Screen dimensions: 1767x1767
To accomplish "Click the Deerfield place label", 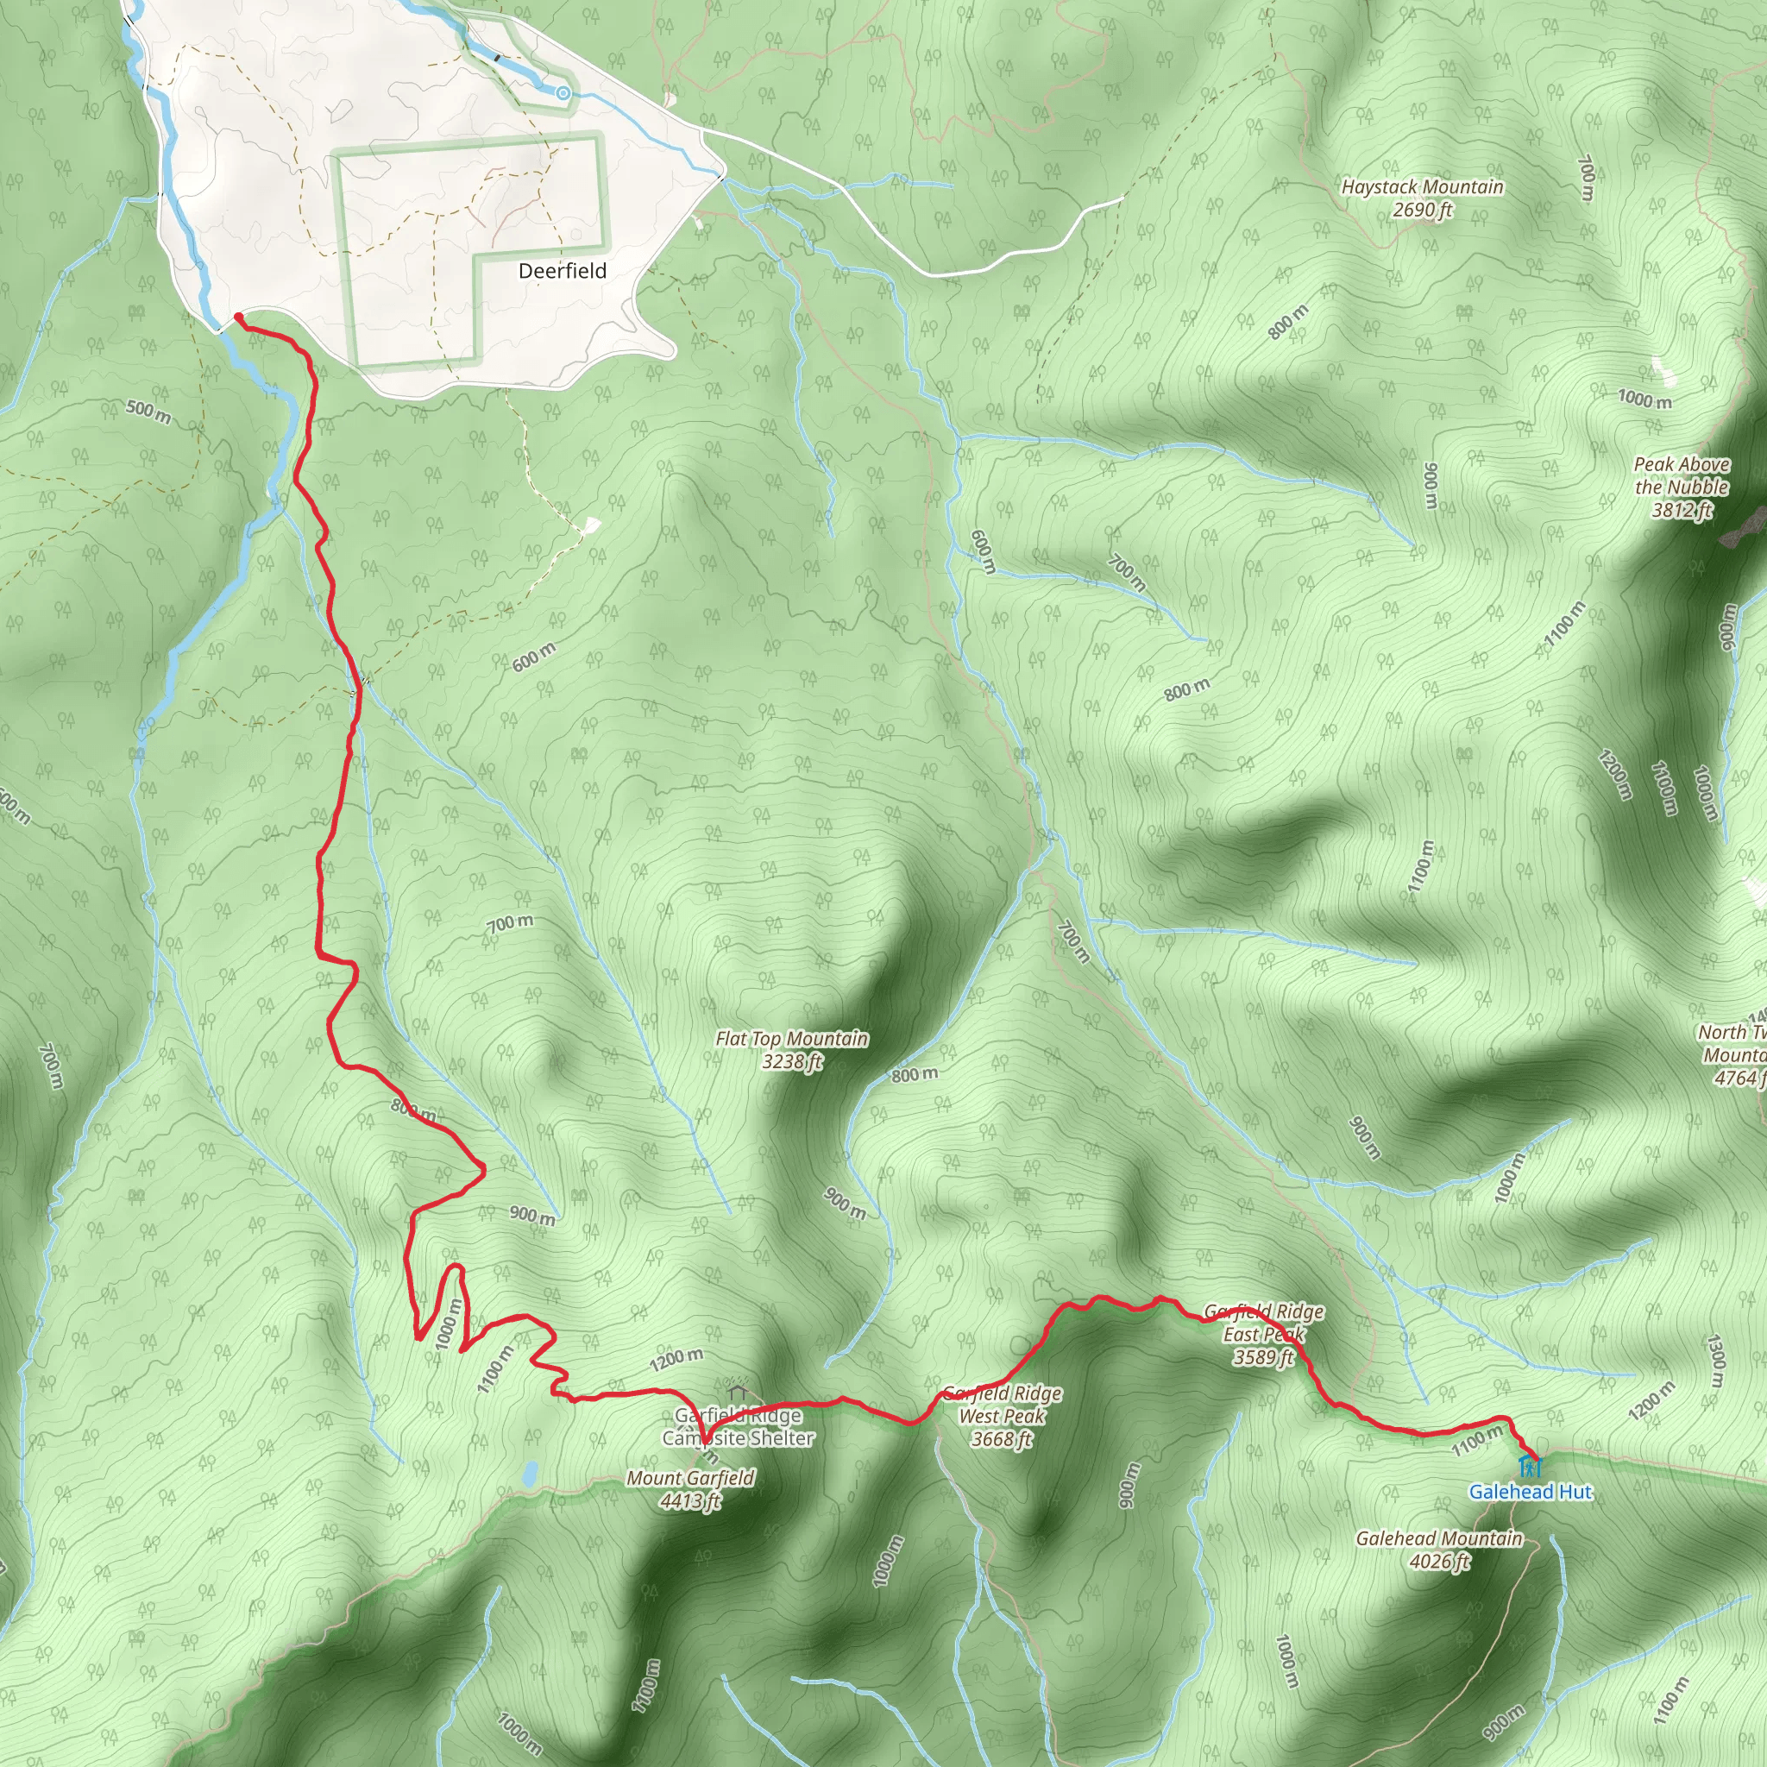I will (x=562, y=271).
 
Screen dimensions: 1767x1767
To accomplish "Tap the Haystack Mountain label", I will (x=1421, y=186).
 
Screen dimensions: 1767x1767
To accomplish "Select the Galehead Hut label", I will (x=1530, y=1492).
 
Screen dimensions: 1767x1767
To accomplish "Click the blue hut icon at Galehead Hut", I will (x=1529, y=1468).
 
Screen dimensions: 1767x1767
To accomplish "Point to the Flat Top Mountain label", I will (x=791, y=1039).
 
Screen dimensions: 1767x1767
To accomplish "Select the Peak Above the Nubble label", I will (x=1681, y=475).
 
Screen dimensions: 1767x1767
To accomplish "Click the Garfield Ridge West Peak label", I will (x=1002, y=1416).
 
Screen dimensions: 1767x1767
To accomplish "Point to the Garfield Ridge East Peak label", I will (x=1264, y=1335).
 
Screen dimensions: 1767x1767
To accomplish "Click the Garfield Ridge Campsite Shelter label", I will (x=738, y=1427).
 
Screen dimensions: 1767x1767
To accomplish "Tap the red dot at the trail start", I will (x=238, y=317).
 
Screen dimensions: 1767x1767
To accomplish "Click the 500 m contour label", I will (x=148, y=412).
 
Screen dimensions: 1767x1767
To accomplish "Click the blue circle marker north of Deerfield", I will (x=563, y=93).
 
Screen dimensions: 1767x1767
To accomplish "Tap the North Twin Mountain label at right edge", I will (x=1733, y=1054).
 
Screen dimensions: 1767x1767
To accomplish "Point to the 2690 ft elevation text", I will (x=1421, y=211).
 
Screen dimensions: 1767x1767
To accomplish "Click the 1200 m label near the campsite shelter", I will (x=676, y=1359).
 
